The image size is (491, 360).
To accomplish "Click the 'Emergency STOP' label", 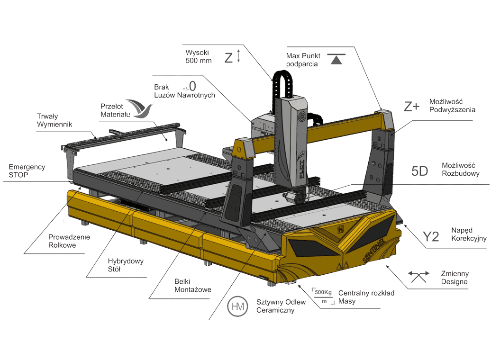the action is pyautogui.click(x=27, y=171).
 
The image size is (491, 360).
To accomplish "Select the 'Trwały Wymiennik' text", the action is pyautogui.click(x=55, y=120).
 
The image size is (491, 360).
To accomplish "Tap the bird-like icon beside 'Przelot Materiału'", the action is pyautogui.click(x=140, y=108).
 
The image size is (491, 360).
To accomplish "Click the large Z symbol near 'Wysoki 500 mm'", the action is pyautogui.click(x=229, y=58).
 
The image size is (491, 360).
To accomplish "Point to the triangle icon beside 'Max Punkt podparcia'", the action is pyautogui.click(x=336, y=59).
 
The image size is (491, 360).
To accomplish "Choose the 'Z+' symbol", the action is pyautogui.click(x=411, y=107).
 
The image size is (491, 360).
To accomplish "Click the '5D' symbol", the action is pyautogui.click(x=419, y=171).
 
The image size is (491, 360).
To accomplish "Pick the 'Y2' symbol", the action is pyautogui.click(x=431, y=237).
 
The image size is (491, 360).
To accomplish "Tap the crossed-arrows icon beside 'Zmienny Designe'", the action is pyautogui.click(x=418, y=277).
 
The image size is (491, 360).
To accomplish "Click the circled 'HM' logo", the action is pyautogui.click(x=237, y=306).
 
